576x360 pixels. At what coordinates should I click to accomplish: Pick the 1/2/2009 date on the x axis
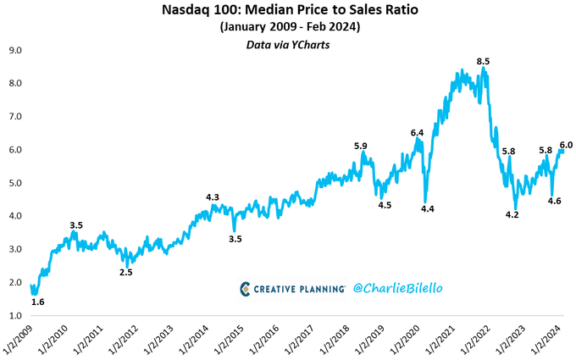click(x=19, y=339)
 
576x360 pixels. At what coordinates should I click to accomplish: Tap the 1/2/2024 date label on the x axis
click(x=546, y=339)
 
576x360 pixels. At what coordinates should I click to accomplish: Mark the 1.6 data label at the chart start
click(x=36, y=301)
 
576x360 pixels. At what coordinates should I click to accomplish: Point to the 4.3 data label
click(x=213, y=197)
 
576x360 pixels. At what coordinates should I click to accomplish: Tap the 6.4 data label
click(x=418, y=133)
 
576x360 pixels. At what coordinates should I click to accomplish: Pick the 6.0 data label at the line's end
click(x=565, y=145)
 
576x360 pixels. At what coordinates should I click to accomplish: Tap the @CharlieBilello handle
click(x=399, y=289)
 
